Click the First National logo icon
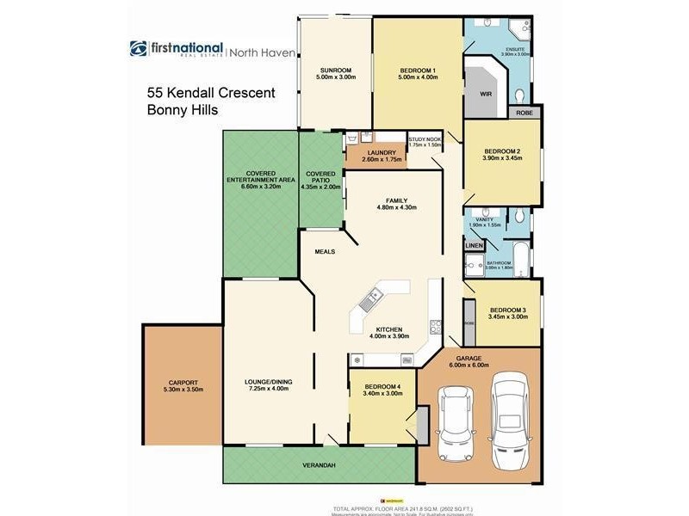coord(139,49)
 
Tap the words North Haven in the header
coord(264,52)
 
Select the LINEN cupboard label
coord(475,247)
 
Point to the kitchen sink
coord(371,301)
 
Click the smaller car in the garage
coord(454,423)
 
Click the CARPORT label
coord(183,383)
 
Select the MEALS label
coord(325,251)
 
